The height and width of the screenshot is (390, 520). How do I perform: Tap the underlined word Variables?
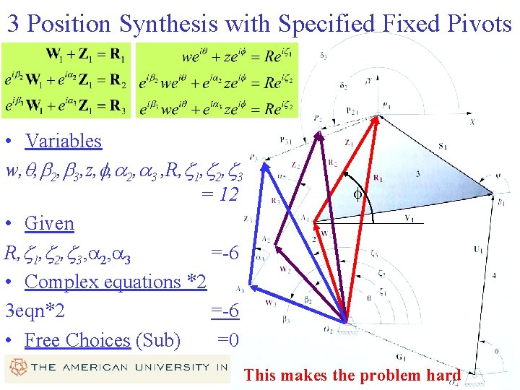pyautogui.click(x=63, y=141)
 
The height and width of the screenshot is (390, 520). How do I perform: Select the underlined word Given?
pyautogui.click(x=49, y=223)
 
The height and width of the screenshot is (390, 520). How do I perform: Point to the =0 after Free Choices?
pyautogui.click(x=228, y=339)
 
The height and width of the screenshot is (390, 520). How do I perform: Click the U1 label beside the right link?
pyautogui.click(x=478, y=249)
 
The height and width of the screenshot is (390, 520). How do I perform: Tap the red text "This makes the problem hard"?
pyautogui.click(x=352, y=375)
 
